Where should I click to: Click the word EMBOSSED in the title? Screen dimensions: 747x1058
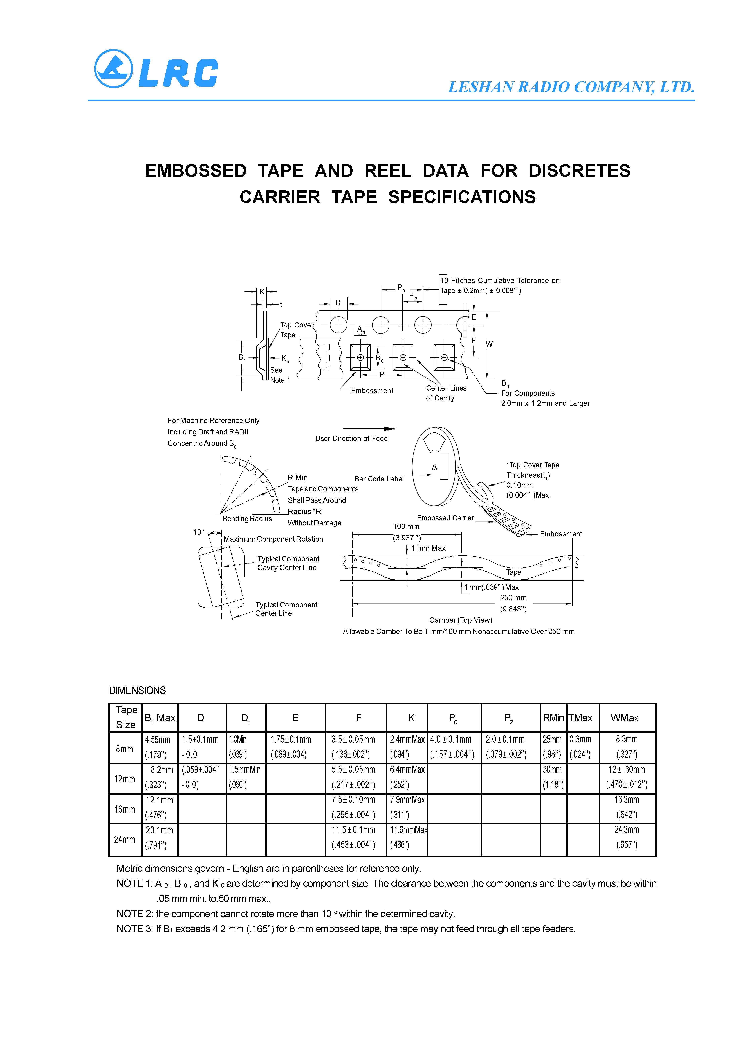point(196,171)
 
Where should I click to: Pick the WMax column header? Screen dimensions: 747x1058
point(625,718)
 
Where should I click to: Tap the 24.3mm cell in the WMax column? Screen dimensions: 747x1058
point(627,829)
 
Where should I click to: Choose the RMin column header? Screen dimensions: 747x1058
point(553,718)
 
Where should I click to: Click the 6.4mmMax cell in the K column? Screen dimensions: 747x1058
point(407,769)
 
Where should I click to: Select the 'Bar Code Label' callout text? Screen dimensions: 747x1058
point(379,479)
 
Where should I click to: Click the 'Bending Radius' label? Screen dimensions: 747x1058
point(247,519)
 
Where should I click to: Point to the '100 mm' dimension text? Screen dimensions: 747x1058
point(406,526)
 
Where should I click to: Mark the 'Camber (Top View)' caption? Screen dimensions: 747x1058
point(461,620)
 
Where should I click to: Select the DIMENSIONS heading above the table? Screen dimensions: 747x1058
point(137,690)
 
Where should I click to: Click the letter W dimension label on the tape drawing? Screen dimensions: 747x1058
point(489,344)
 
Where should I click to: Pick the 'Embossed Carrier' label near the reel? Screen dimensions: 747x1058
point(445,518)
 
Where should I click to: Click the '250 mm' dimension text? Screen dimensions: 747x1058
point(513,598)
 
